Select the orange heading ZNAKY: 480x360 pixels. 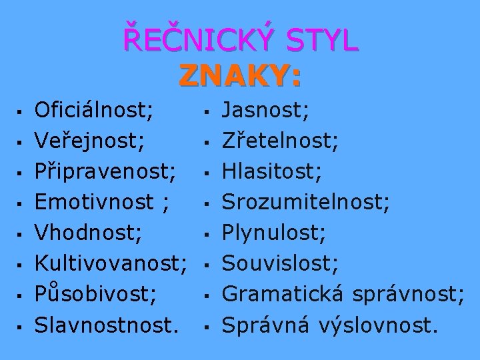[x=240, y=77]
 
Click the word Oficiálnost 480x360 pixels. [x=93, y=109]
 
